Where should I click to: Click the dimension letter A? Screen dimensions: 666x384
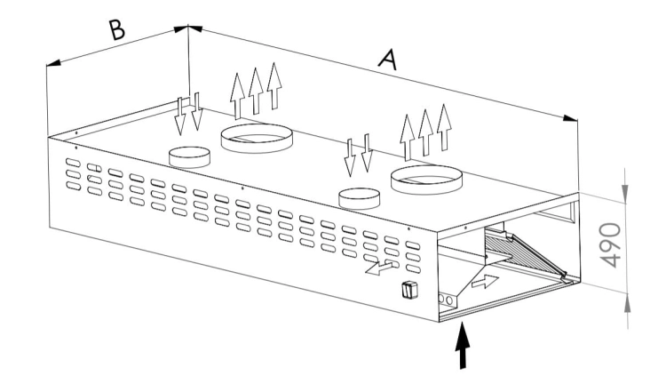(x=388, y=60)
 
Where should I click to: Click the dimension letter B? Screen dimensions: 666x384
(x=117, y=29)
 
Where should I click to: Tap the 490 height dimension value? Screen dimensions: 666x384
(x=611, y=245)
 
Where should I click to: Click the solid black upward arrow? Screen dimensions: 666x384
(x=463, y=345)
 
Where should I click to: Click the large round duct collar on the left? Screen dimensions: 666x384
(x=257, y=138)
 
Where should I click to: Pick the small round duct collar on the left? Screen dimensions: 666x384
(x=189, y=157)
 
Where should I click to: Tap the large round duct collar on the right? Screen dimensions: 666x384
(x=426, y=180)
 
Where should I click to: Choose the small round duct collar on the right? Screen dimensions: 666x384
(x=359, y=198)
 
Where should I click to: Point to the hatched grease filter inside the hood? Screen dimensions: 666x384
(x=525, y=255)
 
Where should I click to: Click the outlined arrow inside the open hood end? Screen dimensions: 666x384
(x=485, y=282)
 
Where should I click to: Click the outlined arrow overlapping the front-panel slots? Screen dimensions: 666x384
(x=379, y=268)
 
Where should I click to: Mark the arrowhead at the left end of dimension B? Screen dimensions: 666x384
(x=53, y=63)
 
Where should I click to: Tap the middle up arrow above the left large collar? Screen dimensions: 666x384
(x=256, y=91)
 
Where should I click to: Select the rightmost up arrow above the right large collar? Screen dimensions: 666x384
(x=444, y=127)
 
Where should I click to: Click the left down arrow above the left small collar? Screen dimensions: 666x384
(x=180, y=116)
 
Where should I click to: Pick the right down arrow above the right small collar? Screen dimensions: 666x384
(x=367, y=153)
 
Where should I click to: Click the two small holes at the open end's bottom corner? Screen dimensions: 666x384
(x=445, y=300)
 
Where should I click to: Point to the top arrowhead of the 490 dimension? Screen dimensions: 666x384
(x=625, y=193)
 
